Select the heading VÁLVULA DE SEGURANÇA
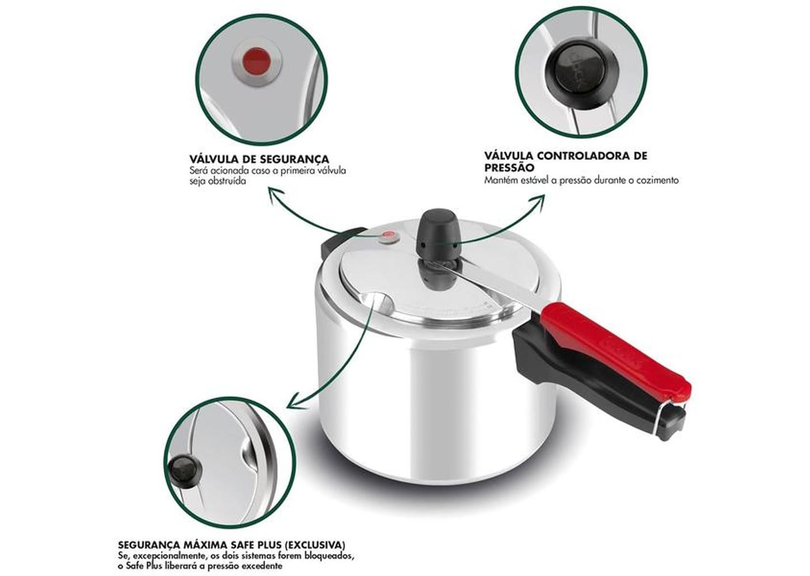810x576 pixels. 259,159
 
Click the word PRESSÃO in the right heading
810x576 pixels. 509,168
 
